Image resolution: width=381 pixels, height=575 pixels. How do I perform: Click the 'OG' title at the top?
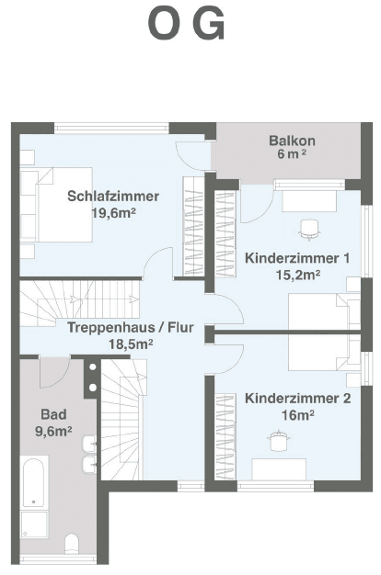pos(187,26)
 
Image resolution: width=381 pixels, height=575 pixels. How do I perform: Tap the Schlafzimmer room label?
pos(113,196)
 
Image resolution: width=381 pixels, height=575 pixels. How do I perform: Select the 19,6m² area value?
pos(113,213)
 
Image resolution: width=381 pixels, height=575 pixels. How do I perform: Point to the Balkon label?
pos(292,141)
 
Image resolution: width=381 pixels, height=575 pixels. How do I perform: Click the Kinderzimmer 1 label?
pos(296,258)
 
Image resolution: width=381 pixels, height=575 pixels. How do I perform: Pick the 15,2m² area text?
pos(296,275)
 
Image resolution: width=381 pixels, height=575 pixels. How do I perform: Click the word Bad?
pos(53,413)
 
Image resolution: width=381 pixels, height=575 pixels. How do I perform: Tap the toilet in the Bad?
pos(72,543)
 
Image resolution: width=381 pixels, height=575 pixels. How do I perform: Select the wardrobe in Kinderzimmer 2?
pos(225,434)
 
